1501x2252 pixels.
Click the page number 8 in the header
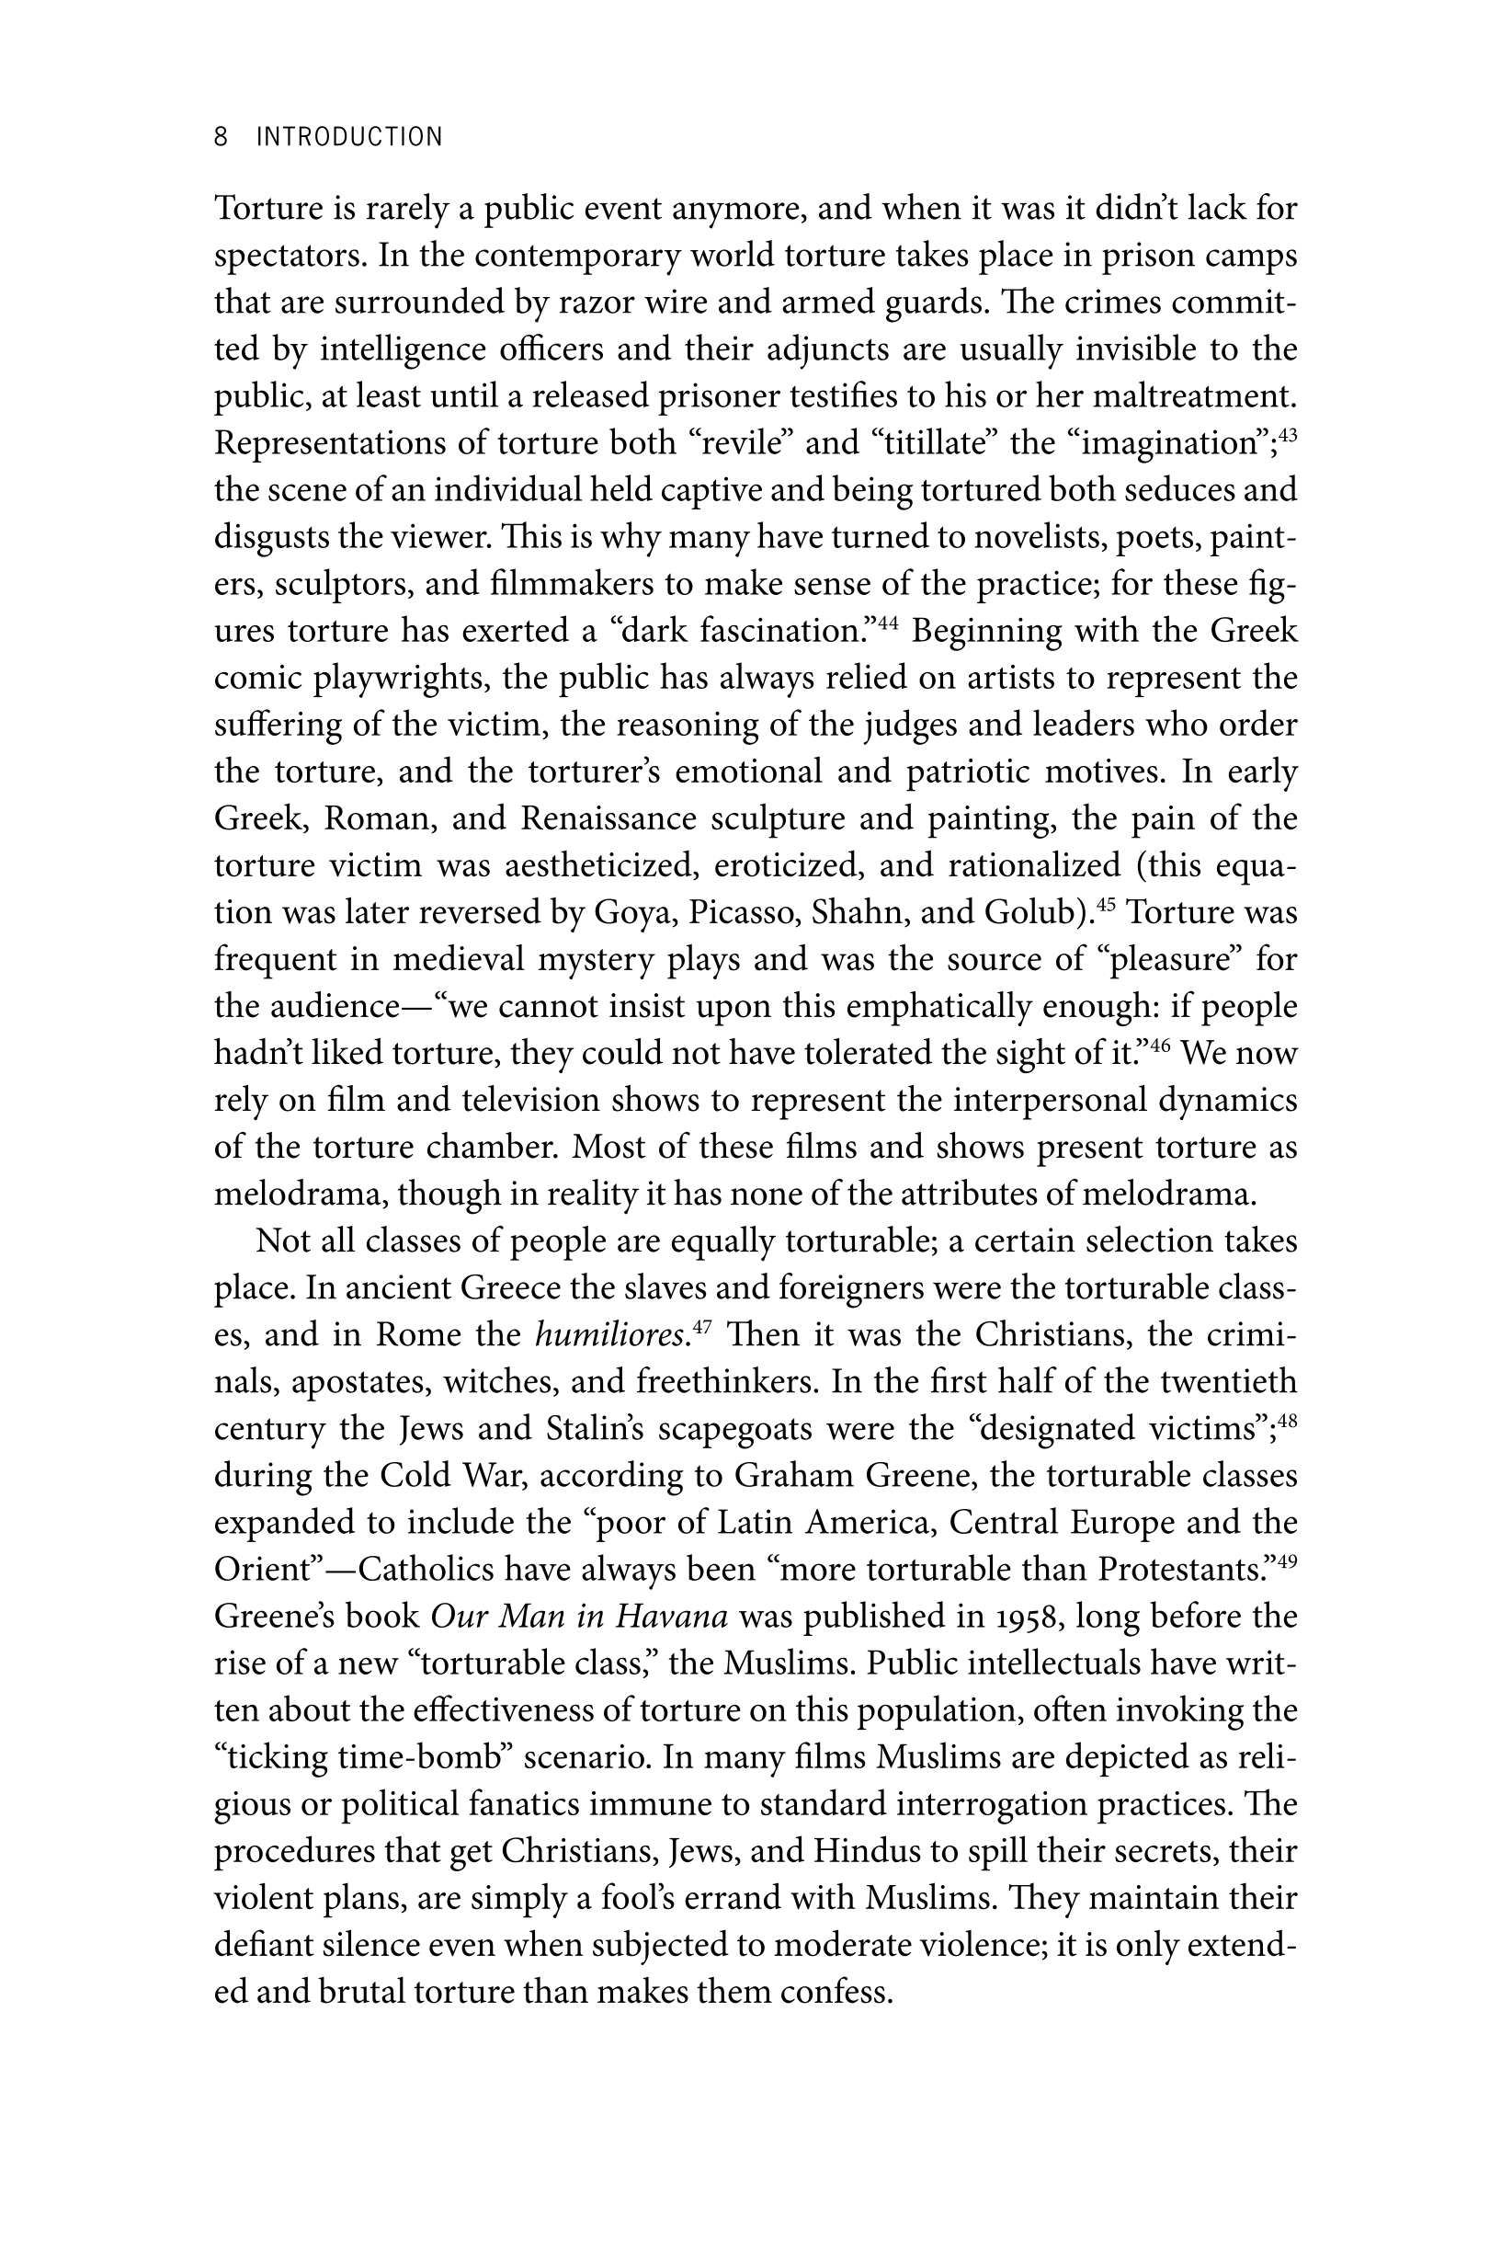coord(222,137)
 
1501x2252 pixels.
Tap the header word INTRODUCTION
coord(349,137)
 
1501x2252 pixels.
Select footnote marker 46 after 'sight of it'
coord(1160,1045)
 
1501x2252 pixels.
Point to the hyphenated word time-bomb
coord(415,1757)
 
